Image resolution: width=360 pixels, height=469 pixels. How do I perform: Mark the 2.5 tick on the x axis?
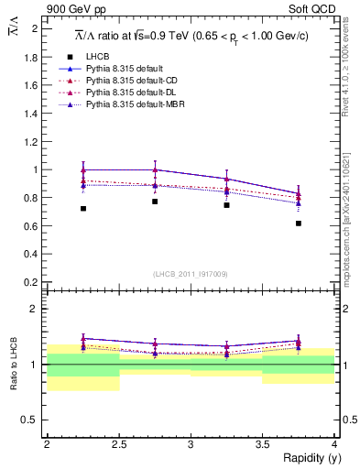click(118, 444)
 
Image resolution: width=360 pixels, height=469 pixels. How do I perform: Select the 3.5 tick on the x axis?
click(262, 444)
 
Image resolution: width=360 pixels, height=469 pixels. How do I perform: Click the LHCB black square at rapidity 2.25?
click(83, 209)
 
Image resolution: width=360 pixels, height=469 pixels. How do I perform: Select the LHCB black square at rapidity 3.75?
click(299, 223)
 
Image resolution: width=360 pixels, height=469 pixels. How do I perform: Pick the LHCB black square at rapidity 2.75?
click(155, 202)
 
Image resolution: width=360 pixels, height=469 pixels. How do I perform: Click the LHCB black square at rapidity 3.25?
click(226, 205)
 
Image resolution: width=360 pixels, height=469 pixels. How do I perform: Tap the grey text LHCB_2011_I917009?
click(191, 274)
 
